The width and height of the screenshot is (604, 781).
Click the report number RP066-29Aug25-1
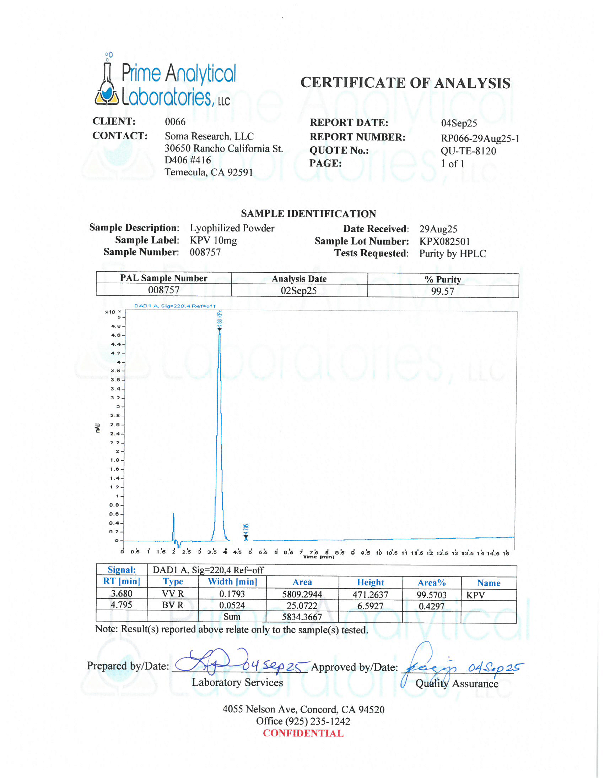tap(480, 138)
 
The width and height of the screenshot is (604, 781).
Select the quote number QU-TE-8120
tap(468, 151)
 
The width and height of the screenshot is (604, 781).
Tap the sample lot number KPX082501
tap(445, 241)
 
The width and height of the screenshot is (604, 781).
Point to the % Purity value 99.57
tap(443, 291)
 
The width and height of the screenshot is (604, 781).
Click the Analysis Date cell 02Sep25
tap(299, 290)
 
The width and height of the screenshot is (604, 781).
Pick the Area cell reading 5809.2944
tap(302, 594)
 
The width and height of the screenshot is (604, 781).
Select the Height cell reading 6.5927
tap(370, 606)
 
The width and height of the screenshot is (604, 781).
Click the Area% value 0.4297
tap(432, 606)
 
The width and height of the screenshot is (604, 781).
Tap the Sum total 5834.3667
tap(302, 617)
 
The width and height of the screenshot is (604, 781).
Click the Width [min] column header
tap(233, 582)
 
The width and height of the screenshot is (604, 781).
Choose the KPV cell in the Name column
tap(475, 595)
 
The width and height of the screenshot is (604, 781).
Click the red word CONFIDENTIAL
tap(303, 733)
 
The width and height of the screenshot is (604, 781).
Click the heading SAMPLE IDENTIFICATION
tap(308, 213)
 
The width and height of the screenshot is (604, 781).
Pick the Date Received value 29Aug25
tap(438, 229)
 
